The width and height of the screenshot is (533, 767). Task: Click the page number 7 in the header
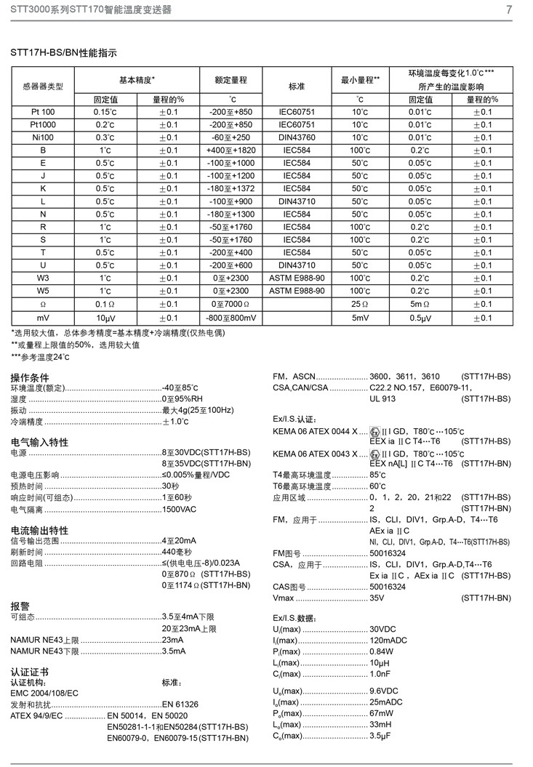click(509, 9)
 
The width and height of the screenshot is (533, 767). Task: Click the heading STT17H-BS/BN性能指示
click(63, 53)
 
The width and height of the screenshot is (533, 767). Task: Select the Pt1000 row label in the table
click(43, 125)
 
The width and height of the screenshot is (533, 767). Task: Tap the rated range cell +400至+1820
click(230, 150)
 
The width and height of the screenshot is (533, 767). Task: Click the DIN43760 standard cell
click(297, 137)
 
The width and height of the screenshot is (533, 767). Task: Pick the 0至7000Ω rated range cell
click(230, 303)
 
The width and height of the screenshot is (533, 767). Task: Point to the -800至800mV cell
click(230, 318)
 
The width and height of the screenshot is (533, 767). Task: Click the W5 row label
click(43, 291)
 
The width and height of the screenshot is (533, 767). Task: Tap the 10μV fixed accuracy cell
click(105, 318)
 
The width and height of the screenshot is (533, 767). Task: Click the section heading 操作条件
click(30, 377)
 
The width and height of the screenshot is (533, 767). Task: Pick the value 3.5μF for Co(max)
click(382, 736)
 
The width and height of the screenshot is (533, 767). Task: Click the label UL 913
click(382, 398)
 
